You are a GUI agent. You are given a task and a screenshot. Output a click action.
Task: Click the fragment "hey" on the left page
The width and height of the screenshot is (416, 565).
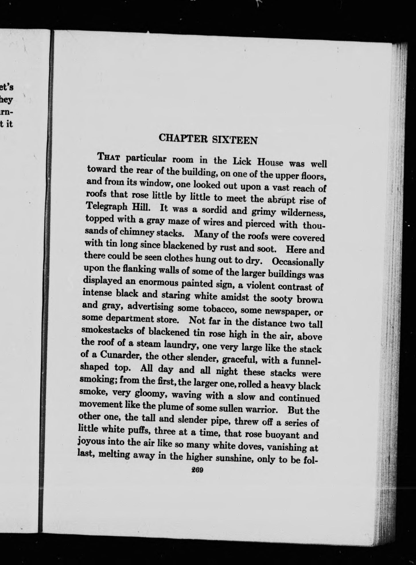click(6, 100)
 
